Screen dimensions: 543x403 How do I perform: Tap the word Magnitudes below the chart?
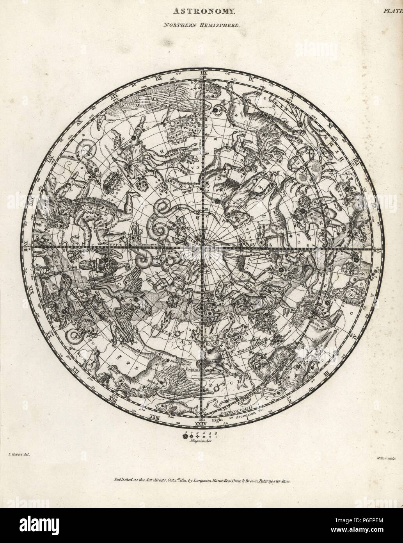[201, 440]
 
